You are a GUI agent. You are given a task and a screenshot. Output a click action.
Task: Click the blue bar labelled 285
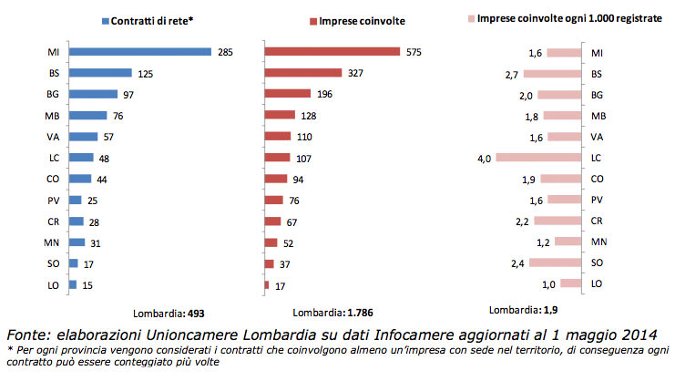[x=140, y=52]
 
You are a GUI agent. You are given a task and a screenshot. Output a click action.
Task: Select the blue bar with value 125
[x=100, y=73]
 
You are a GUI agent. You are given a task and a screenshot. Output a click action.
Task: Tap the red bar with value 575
[x=332, y=52]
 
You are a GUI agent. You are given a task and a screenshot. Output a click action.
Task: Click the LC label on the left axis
[x=53, y=158]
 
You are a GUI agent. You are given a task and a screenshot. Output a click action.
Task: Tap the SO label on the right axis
[x=598, y=263]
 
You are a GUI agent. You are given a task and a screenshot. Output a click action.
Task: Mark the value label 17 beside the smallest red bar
[x=280, y=284]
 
